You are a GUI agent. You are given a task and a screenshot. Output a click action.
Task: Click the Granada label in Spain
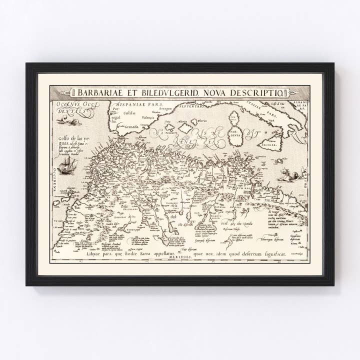pyautogui.click(x=131, y=127)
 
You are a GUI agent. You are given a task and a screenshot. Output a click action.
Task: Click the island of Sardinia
pyautogui.click(x=235, y=133)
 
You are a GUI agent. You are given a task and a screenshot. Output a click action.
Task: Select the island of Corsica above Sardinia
pyautogui.click(x=233, y=118)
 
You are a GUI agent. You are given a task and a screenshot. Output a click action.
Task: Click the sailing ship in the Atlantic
pyautogui.click(x=66, y=165)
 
